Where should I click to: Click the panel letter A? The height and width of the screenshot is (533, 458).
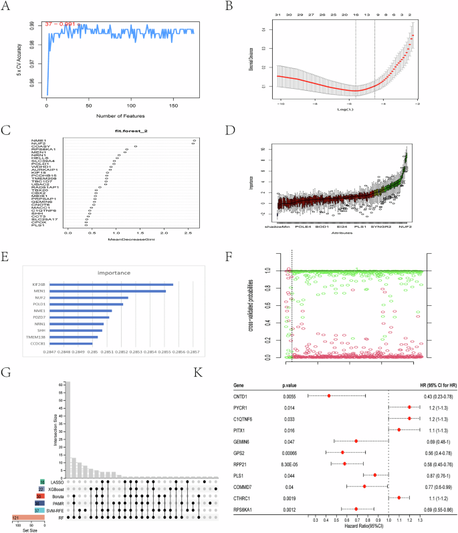point(10,9)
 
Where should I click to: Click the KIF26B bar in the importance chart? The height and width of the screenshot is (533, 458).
point(110,285)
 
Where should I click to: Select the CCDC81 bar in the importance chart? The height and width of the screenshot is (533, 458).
point(68,344)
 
